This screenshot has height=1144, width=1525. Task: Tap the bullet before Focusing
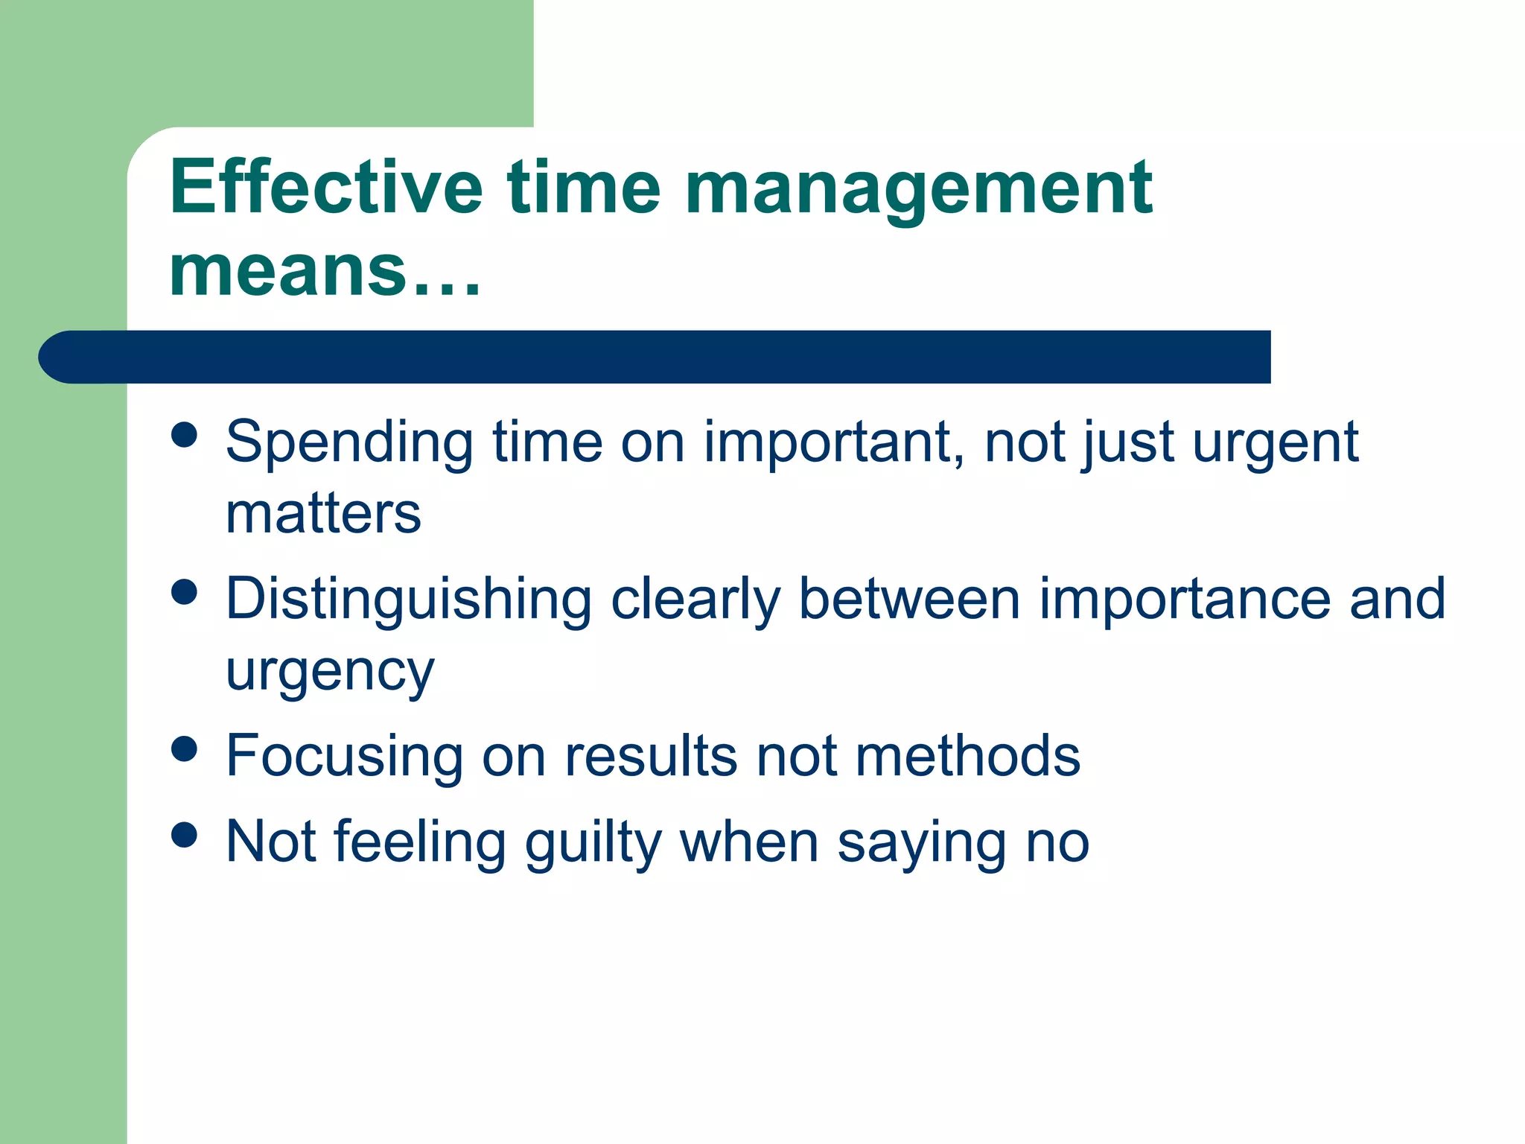click(x=184, y=749)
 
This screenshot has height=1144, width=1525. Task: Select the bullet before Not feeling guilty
click(x=184, y=834)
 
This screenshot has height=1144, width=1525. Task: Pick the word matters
click(x=323, y=514)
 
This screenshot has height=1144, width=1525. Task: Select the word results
click(x=651, y=756)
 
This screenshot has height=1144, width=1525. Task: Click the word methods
click(x=967, y=756)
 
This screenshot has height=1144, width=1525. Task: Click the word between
click(x=908, y=599)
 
